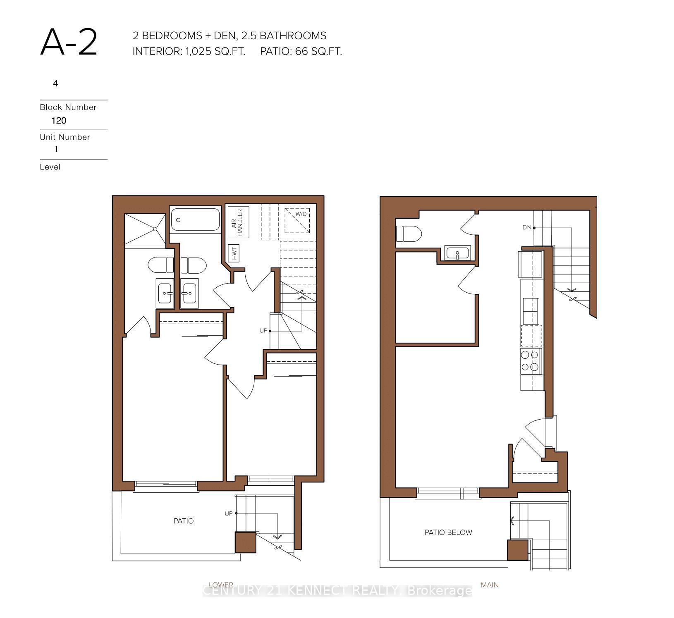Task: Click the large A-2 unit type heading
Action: (69, 43)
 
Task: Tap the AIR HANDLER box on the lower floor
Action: (239, 222)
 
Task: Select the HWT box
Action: (234, 253)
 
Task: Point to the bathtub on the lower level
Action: (195, 220)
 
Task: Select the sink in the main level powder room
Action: (457, 252)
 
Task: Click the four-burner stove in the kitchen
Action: (531, 361)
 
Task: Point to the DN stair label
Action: (526, 227)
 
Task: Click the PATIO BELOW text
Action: (448, 532)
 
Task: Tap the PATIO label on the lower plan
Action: (183, 521)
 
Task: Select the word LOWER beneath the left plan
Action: (221, 585)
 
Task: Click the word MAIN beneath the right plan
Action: (490, 585)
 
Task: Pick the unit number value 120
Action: (59, 121)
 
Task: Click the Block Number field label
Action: (68, 107)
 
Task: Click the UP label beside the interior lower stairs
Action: (263, 331)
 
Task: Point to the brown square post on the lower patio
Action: (245, 542)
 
